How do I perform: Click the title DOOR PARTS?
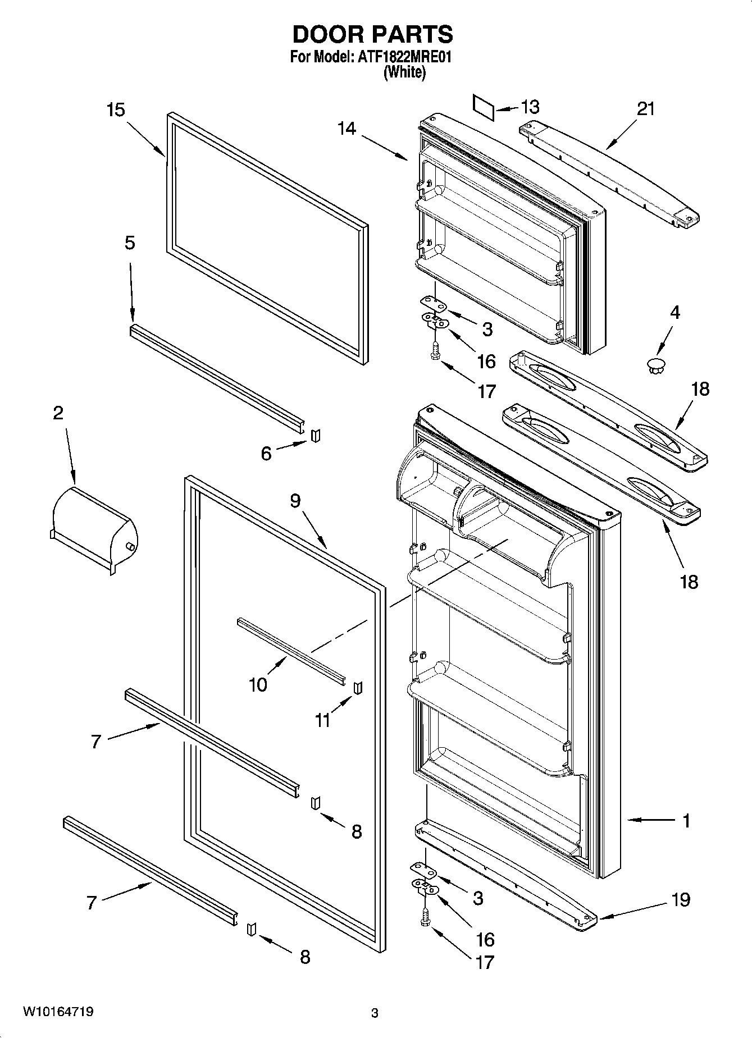click(x=372, y=35)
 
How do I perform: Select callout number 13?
click(x=530, y=107)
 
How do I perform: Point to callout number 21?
click(x=645, y=108)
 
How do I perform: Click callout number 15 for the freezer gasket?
click(x=116, y=110)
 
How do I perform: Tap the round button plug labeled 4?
click(x=655, y=365)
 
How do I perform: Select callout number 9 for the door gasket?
click(x=296, y=500)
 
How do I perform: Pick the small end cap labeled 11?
click(x=357, y=688)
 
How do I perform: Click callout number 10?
click(x=258, y=685)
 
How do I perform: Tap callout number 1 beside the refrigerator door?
click(x=686, y=820)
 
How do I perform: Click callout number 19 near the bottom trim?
click(x=681, y=899)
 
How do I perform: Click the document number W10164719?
click(x=58, y=1012)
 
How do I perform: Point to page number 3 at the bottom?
click(x=375, y=1013)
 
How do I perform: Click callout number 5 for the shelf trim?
click(x=130, y=243)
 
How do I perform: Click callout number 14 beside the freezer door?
click(x=347, y=129)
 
